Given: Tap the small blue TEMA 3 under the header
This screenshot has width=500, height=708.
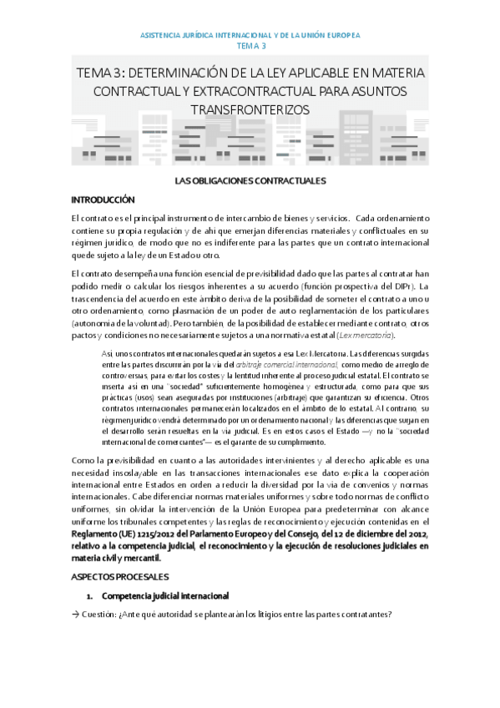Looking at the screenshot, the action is [250, 47].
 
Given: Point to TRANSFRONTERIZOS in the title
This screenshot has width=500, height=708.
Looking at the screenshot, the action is [250, 109].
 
